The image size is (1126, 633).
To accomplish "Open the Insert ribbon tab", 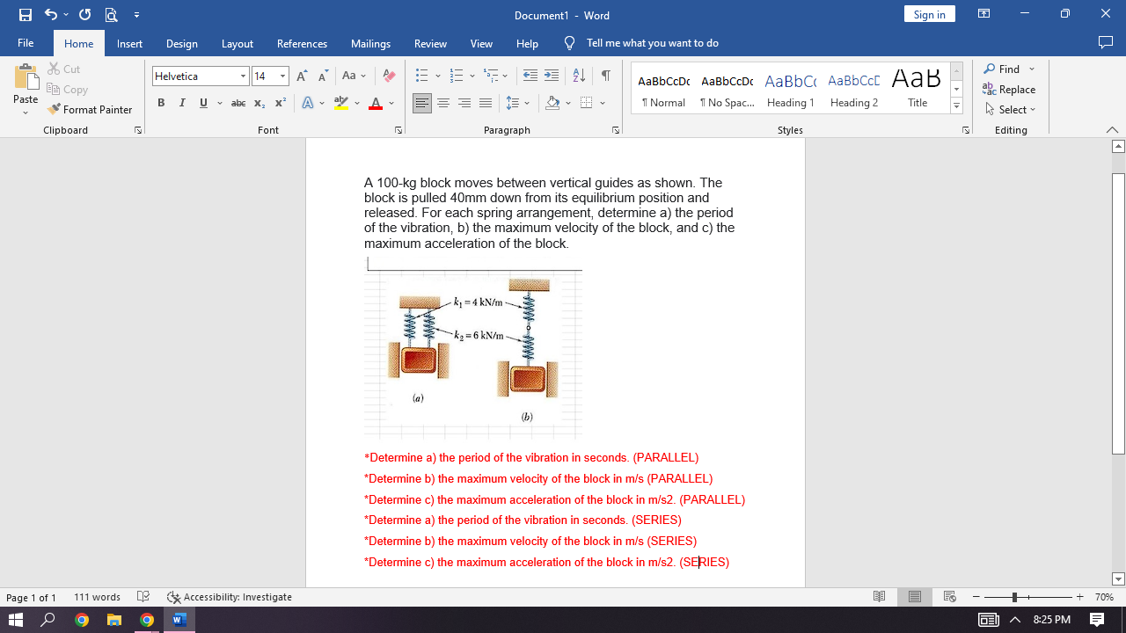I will (129, 44).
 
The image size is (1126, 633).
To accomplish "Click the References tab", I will (302, 44).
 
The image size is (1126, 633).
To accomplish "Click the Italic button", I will (182, 103).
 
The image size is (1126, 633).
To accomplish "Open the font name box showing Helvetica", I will (194, 76).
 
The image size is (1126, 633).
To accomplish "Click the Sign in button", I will (929, 14).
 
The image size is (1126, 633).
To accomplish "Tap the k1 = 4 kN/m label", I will (478, 302).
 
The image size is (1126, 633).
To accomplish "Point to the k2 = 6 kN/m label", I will (479, 336).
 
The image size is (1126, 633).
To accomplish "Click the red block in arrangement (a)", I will (419, 360).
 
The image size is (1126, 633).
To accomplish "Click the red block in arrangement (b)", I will (528, 379).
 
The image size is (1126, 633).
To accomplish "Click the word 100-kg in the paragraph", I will (396, 183).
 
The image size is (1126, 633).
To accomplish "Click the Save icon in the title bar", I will (26, 15).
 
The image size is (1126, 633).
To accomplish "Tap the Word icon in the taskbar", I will (179, 620).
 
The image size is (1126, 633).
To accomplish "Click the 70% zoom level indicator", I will (1104, 598).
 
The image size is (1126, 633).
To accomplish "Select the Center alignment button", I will (443, 104).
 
